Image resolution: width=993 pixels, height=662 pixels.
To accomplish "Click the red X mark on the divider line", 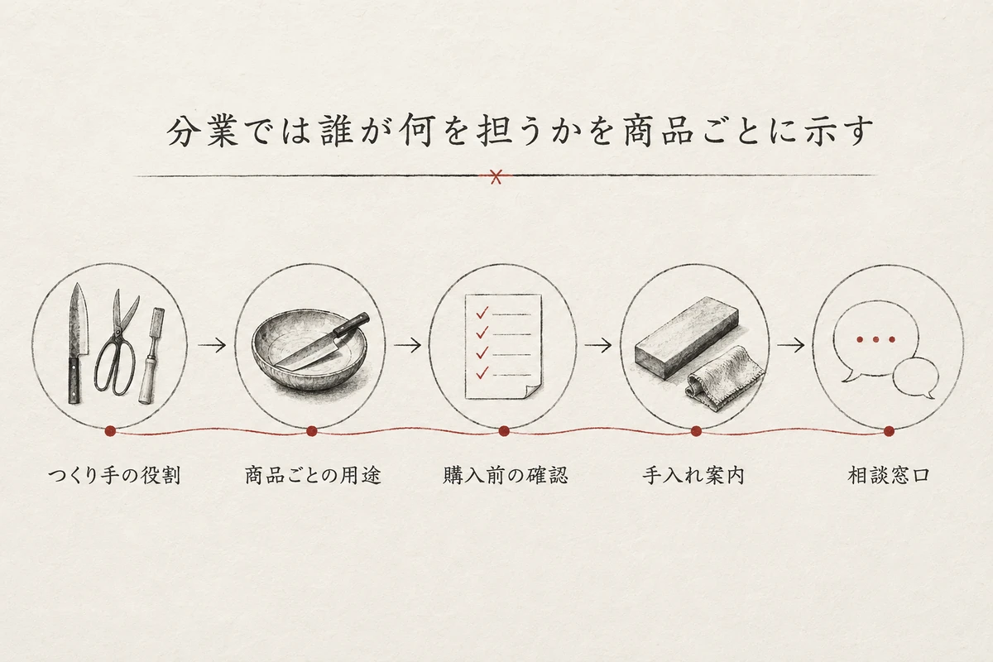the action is point(496,176).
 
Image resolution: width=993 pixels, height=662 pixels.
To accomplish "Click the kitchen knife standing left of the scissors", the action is point(77,343).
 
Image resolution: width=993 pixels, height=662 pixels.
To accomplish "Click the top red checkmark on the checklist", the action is point(482,313).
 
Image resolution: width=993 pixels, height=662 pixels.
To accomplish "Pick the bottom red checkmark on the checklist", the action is point(482,373).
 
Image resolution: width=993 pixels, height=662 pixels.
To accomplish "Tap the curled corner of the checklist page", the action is point(533,392).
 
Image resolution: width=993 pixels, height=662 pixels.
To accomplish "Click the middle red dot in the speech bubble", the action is point(875,339).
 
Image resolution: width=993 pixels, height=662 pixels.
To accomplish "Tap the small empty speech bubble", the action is point(914,378).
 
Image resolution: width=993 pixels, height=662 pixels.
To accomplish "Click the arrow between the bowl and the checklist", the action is point(407,345).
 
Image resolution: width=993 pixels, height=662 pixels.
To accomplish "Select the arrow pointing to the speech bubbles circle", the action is point(791,345).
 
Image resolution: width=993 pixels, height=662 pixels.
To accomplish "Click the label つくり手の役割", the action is point(114,476).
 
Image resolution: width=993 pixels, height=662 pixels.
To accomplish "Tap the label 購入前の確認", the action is point(506,476).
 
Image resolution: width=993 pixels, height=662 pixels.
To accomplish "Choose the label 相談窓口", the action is point(889,476).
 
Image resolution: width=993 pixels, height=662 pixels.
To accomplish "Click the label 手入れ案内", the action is point(693,476).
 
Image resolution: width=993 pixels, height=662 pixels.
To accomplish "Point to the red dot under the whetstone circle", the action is point(696,431).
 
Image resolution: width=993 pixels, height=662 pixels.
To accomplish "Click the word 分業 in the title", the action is point(203,132).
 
